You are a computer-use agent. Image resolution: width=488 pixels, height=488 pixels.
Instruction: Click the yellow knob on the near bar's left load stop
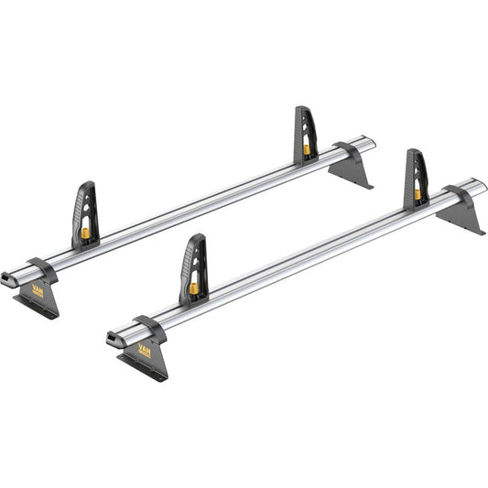pyautogui.click(x=195, y=287)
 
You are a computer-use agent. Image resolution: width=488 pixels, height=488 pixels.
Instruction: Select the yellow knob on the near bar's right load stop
pyautogui.click(x=418, y=194)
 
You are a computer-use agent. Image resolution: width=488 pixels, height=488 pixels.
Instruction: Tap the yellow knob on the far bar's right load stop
pyautogui.click(x=306, y=148)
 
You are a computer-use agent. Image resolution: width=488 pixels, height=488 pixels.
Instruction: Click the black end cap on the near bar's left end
pyautogui.click(x=112, y=341)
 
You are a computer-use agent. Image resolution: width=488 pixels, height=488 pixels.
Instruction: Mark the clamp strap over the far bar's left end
pyautogui.click(x=40, y=267)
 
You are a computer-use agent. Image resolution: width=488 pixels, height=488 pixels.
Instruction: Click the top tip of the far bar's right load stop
pyautogui.click(x=302, y=109)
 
